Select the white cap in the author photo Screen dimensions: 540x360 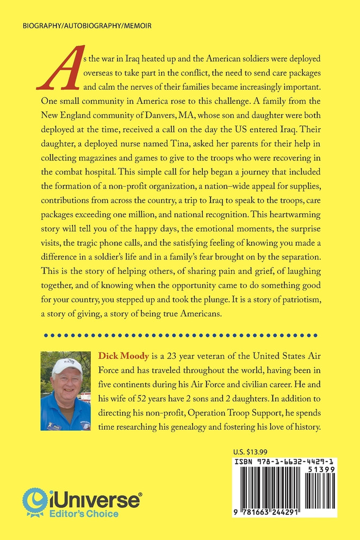(67, 365)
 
